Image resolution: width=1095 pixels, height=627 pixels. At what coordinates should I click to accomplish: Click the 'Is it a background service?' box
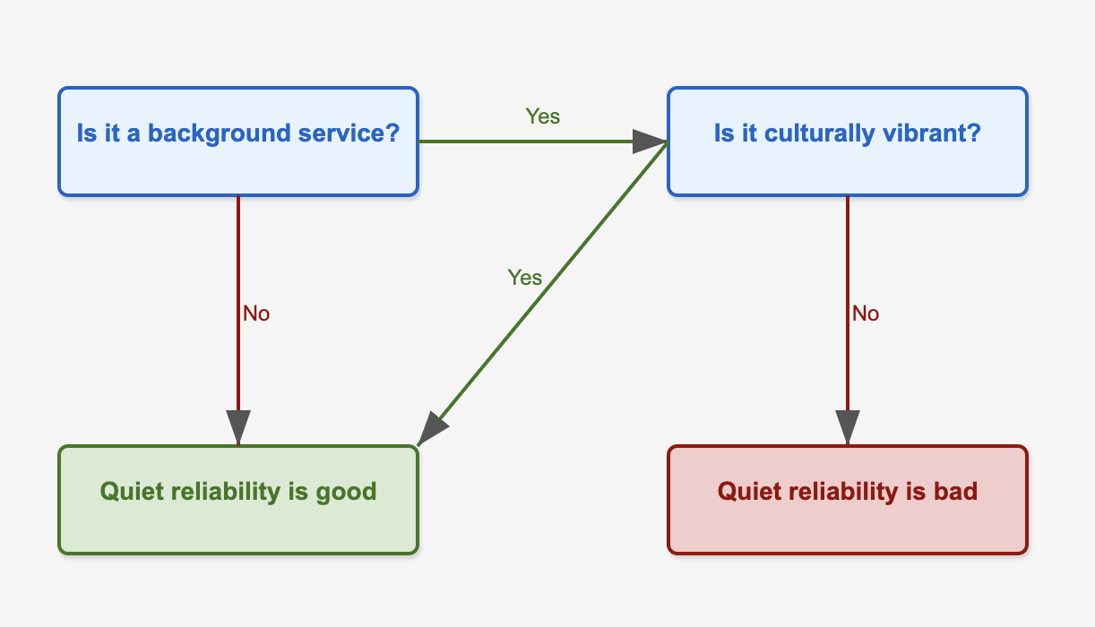click(238, 142)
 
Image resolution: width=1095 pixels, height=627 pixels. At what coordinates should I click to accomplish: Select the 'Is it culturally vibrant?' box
click(847, 142)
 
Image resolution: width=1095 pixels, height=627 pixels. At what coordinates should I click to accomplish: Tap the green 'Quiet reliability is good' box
click(238, 500)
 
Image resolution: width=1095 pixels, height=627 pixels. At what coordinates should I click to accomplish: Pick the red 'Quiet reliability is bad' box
click(847, 500)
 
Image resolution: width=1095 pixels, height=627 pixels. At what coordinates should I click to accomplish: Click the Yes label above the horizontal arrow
click(542, 116)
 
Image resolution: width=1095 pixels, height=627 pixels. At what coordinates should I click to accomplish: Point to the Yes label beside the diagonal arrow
click(524, 278)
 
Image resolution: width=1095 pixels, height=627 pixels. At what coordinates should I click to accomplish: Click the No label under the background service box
click(256, 313)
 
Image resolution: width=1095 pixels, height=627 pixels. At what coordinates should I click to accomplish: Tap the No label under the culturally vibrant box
click(866, 313)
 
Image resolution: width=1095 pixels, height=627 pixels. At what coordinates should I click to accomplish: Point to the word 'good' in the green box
click(346, 492)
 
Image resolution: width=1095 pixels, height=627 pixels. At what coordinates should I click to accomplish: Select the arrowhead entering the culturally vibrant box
click(651, 142)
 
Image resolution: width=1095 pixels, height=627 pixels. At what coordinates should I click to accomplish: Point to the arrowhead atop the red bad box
click(847, 427)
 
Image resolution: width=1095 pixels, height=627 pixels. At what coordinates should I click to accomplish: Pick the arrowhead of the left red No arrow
click(238, 427)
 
